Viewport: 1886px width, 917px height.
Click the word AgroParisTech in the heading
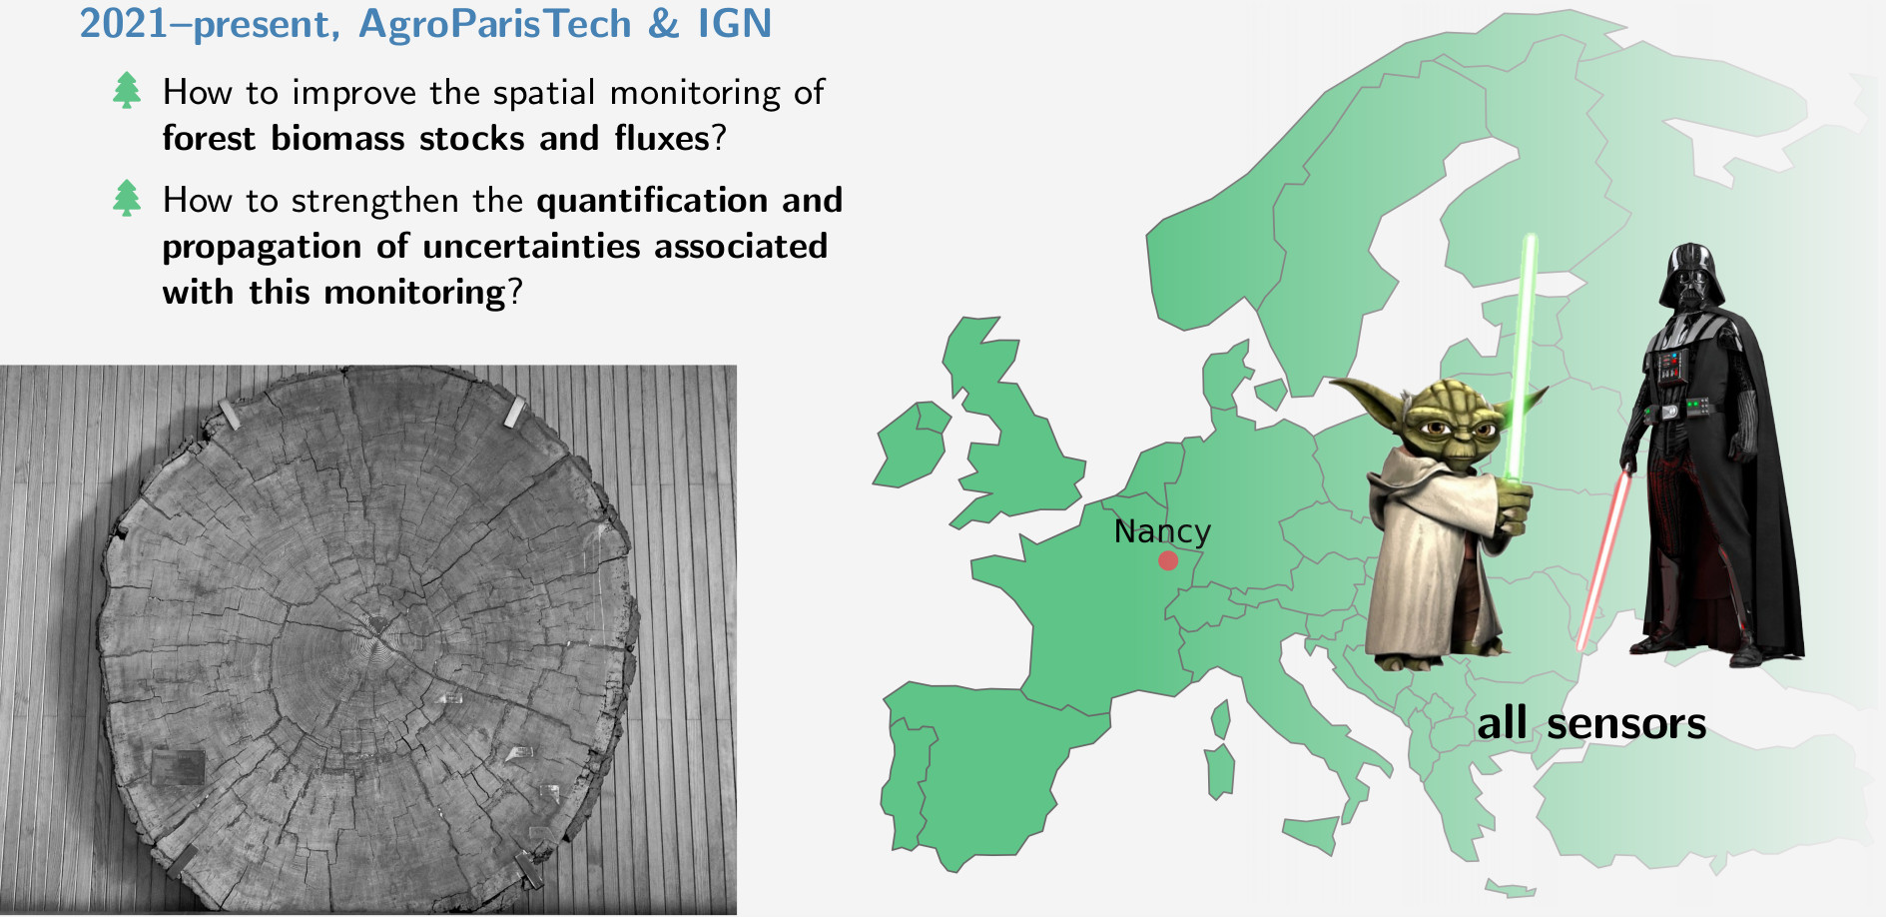pyautogui.click(x=495, y=25)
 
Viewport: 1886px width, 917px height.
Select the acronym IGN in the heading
pyautogui.click(x=735, y=24)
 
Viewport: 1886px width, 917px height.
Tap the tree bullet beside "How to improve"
pyautogui.click(x=127, y=90)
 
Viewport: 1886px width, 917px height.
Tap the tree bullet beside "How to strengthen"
pyautogui.click(x=127, y=198)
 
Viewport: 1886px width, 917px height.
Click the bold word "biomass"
pyautogui.click(x=337, y=138)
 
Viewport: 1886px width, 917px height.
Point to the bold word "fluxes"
pyautogui.click(x=661, y=138)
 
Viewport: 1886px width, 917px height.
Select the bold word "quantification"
pyautogui.click(x=652, y=201)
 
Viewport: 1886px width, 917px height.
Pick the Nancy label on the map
pyautogui.click(x=1162, y=531)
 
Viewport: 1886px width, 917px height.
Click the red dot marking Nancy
pyautogui.click(x=1168, y=560)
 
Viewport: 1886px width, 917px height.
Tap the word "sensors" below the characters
pyautogui.click(x=1626, y=723)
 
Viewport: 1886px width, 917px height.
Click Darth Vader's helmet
pyautogui.click(x=1691, y=274)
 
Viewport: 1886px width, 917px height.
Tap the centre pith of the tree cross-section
pyautogui.click(x=378, y=626)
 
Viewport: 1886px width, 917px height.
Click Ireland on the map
pyautogui.click(x=912, y=445)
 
